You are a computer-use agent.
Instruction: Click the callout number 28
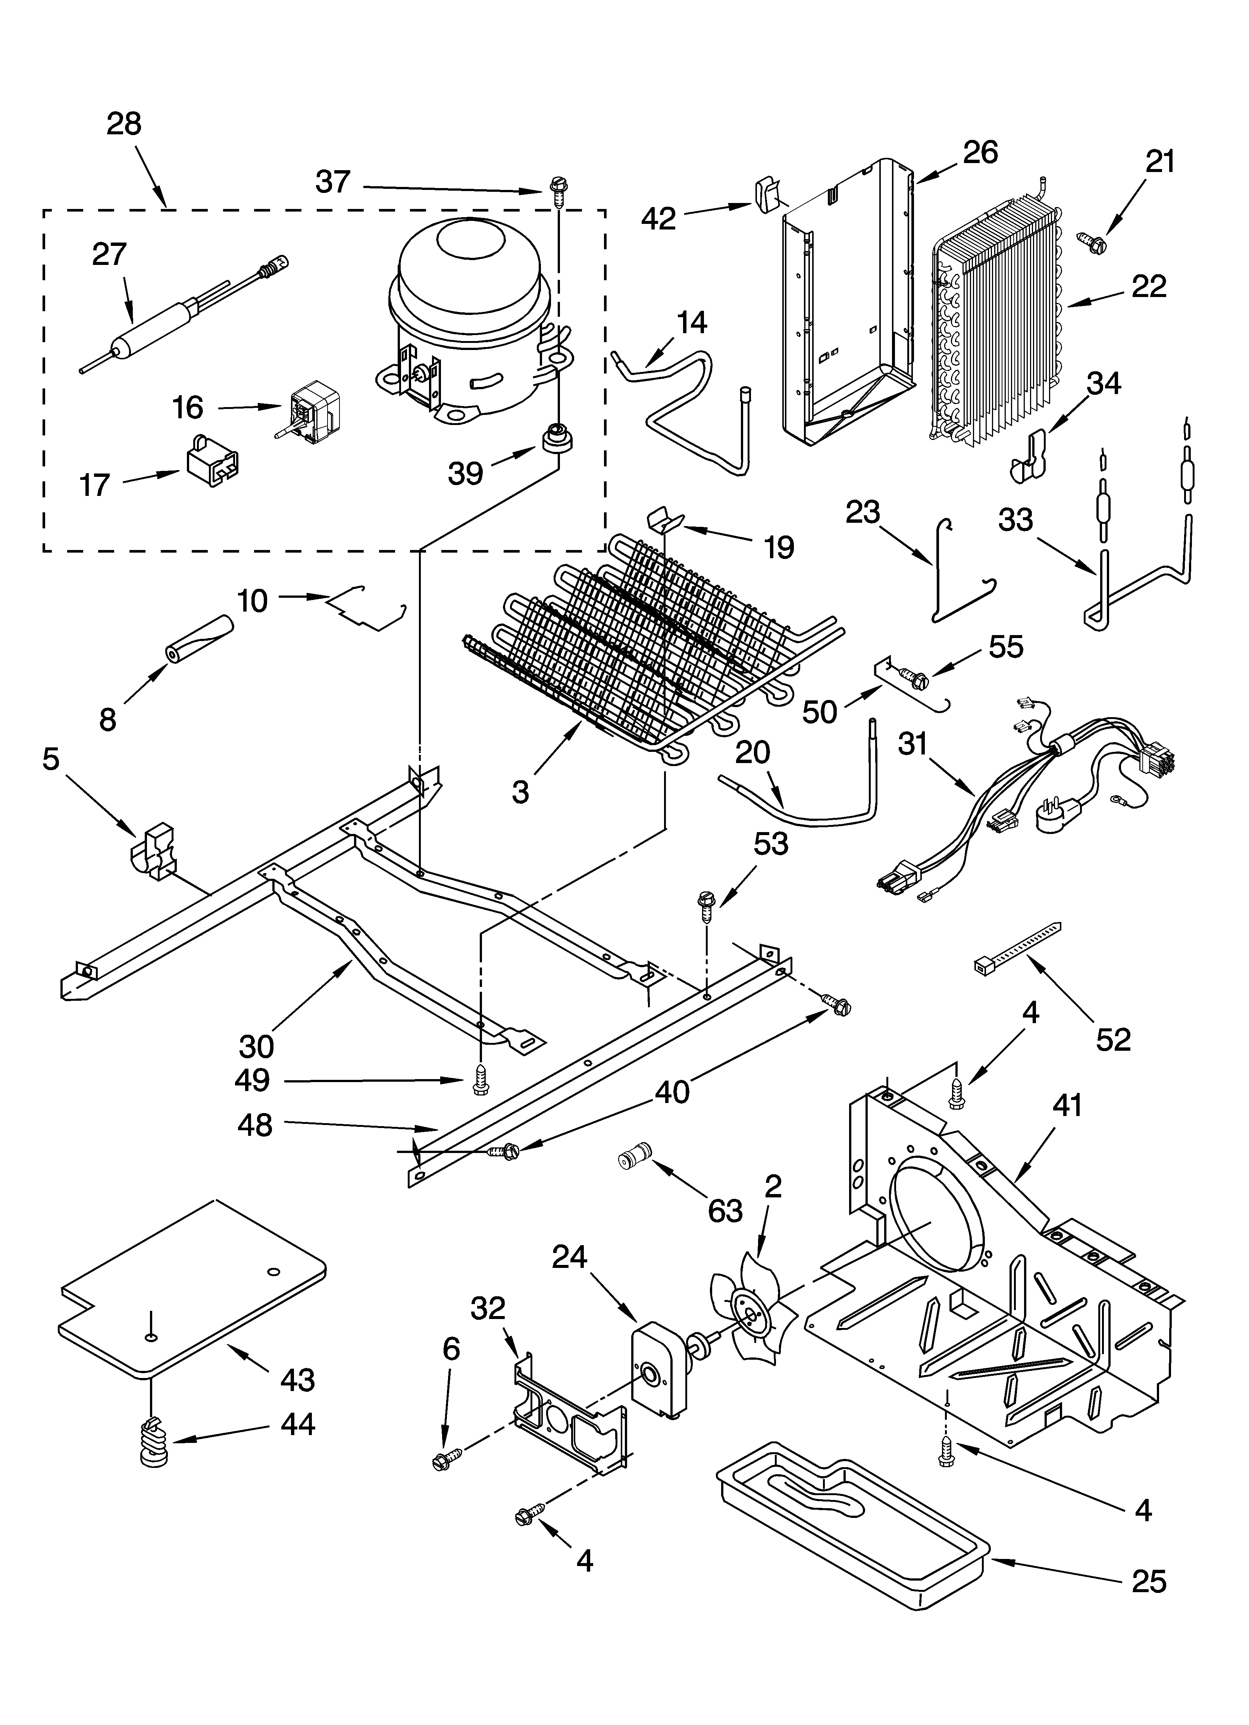click(124, 123)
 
